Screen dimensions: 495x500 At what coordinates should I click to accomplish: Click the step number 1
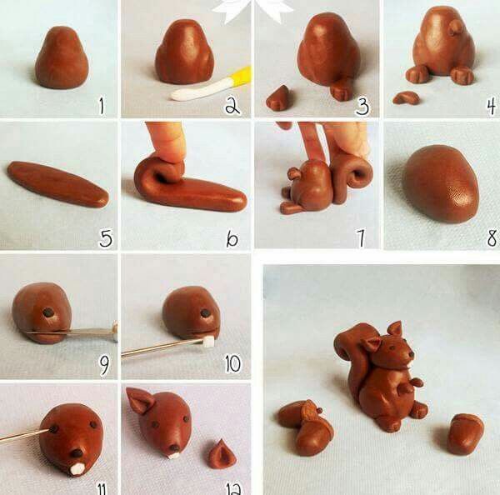coord(102,106)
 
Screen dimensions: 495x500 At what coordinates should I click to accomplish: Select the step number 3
coord(361,106)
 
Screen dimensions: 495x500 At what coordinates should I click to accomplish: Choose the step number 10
coord(232,363)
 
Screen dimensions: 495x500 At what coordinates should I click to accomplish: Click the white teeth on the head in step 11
coord(75,468)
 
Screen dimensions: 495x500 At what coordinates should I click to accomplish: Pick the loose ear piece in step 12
coord(221,456)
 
